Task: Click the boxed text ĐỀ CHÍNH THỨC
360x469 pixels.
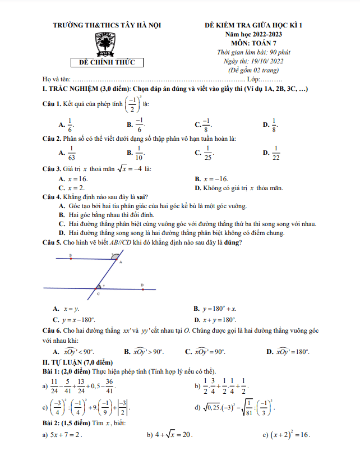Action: point(107,63)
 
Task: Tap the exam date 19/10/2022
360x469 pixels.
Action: point(269,61)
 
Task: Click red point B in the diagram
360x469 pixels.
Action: point(70,256)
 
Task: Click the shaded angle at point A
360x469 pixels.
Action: point(116,256)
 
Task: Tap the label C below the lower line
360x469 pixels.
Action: point(98,294)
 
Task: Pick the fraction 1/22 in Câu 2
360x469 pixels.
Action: point(275,152)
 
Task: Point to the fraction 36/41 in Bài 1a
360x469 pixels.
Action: point(109,387)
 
